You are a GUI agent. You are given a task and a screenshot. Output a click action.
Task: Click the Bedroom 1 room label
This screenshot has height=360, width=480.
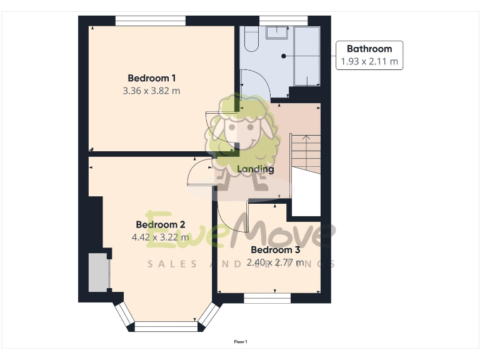pos(152,78)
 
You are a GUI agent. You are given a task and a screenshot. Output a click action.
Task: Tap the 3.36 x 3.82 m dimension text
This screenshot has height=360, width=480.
pos(152,91)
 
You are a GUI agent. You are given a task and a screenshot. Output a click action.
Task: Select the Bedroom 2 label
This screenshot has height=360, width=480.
pos(161,225)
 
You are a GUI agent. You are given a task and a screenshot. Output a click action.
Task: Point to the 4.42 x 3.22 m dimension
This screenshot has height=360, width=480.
pos(161,237)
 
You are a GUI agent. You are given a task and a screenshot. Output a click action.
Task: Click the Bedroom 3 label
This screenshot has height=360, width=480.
pos(276,250)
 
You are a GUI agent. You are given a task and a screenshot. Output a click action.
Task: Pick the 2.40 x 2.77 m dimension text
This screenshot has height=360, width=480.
pos(276,262)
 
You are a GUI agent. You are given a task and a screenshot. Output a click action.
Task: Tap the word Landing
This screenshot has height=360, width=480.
pos(255,169)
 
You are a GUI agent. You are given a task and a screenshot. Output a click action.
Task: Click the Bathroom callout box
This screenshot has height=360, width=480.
pos(369,55)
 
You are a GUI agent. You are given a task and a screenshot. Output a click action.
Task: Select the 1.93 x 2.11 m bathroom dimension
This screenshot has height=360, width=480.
pos(369,62)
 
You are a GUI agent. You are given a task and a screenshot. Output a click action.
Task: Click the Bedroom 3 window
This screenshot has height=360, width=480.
pos(267,297)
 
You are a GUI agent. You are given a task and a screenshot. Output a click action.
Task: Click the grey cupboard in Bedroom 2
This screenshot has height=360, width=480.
pos(99,272)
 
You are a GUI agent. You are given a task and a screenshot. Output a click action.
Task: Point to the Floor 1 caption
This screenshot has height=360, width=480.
pos(241,342)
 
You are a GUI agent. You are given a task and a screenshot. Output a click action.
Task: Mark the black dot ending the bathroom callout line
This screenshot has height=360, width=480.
pos(284,56)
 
